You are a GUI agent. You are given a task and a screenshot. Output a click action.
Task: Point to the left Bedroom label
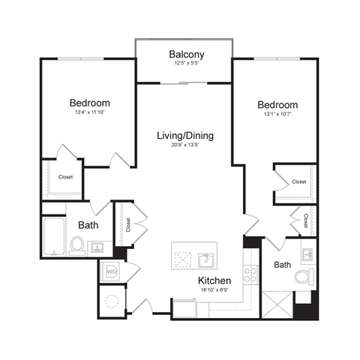pyautogui.click(x=90, y=103)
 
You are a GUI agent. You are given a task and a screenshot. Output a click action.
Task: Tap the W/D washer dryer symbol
pyautogui.click(x=112, y=271)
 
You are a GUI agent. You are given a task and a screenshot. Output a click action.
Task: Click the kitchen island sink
pyautogui.click(x=205, y=259)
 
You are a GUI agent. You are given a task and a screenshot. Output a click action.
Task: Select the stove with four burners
pyautogui.click(x=250, y=274)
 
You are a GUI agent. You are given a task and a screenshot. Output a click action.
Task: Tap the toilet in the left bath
pyautogui.click(x=77, y=245)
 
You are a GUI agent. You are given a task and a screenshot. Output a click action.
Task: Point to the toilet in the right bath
pyautogui.click(x=303, y=277)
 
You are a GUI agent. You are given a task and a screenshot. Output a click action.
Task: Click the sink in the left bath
pyautogui.click(x=97, y=247)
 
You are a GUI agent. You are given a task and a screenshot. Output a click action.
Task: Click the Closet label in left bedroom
pyautogui.click(x=66, y=178)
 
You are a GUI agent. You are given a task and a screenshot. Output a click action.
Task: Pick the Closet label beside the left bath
pyautogui.click(x=128, y=225)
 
